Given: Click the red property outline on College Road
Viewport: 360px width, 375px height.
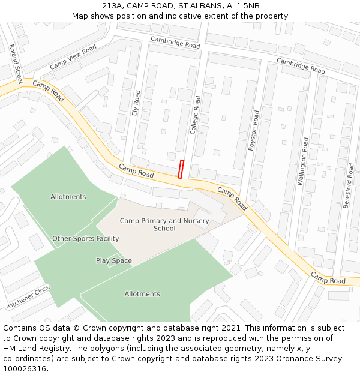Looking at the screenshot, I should coord(181,169).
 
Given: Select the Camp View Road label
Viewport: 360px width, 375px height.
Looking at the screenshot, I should coord(73,56).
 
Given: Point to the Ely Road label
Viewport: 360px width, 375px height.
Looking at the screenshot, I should coord(137,103).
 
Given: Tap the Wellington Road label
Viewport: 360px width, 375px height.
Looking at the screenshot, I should coord(304,160).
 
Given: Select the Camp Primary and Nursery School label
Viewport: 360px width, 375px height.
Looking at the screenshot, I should coord(164,224).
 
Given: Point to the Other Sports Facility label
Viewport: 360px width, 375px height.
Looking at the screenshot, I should coord(85,238).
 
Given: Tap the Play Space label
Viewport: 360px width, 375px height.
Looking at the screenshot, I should coord(114,260).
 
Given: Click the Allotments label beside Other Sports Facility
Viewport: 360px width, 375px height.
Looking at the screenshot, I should coord(68,197).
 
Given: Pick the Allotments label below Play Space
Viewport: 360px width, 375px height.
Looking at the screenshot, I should coord(142,294).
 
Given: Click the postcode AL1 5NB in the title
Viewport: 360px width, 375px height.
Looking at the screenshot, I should coord(243,5).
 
